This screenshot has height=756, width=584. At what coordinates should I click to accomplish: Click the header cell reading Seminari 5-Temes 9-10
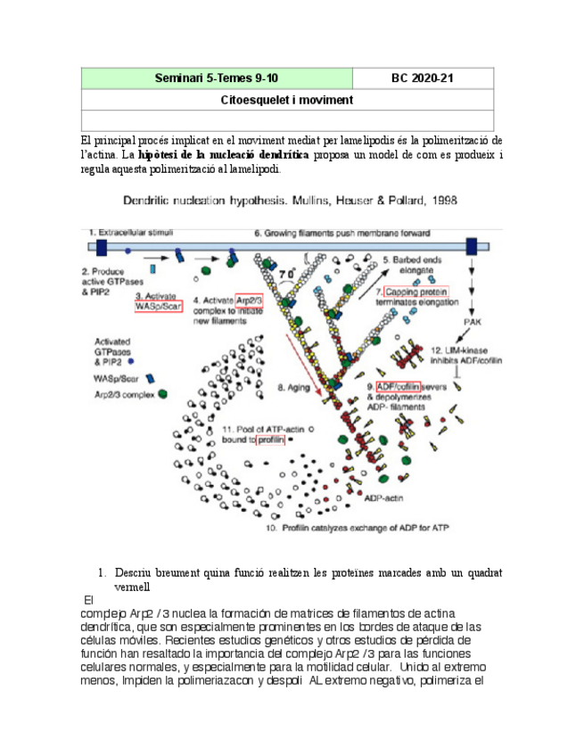pyautogui.click(x=217, y=78)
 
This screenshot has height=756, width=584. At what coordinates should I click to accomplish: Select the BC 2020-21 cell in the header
pyautogui.click(x=423, y=78)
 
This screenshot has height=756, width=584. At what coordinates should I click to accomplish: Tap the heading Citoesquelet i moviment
pyautogui.click(x=287, y=100)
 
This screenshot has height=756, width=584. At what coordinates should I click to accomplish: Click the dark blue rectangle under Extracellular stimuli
pyautogui.click(x=101, y=247)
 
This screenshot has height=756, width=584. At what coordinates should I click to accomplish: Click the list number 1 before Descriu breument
pyautogui.click(x=103, y=572)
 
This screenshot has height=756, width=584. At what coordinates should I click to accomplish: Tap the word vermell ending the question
pyautogui.click(x=133, y=587)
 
